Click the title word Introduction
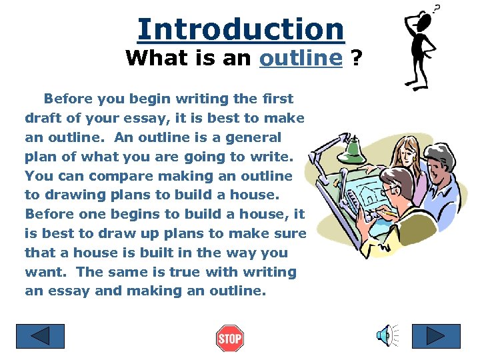click(x=241, y=29)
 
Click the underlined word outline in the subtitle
click(x=301, y=58)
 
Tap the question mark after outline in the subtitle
click(x=357, y=58)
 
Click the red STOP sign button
click(x=229, y=339)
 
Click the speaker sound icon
click(x=385, y=335)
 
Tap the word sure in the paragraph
click(x=291, y=234)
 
